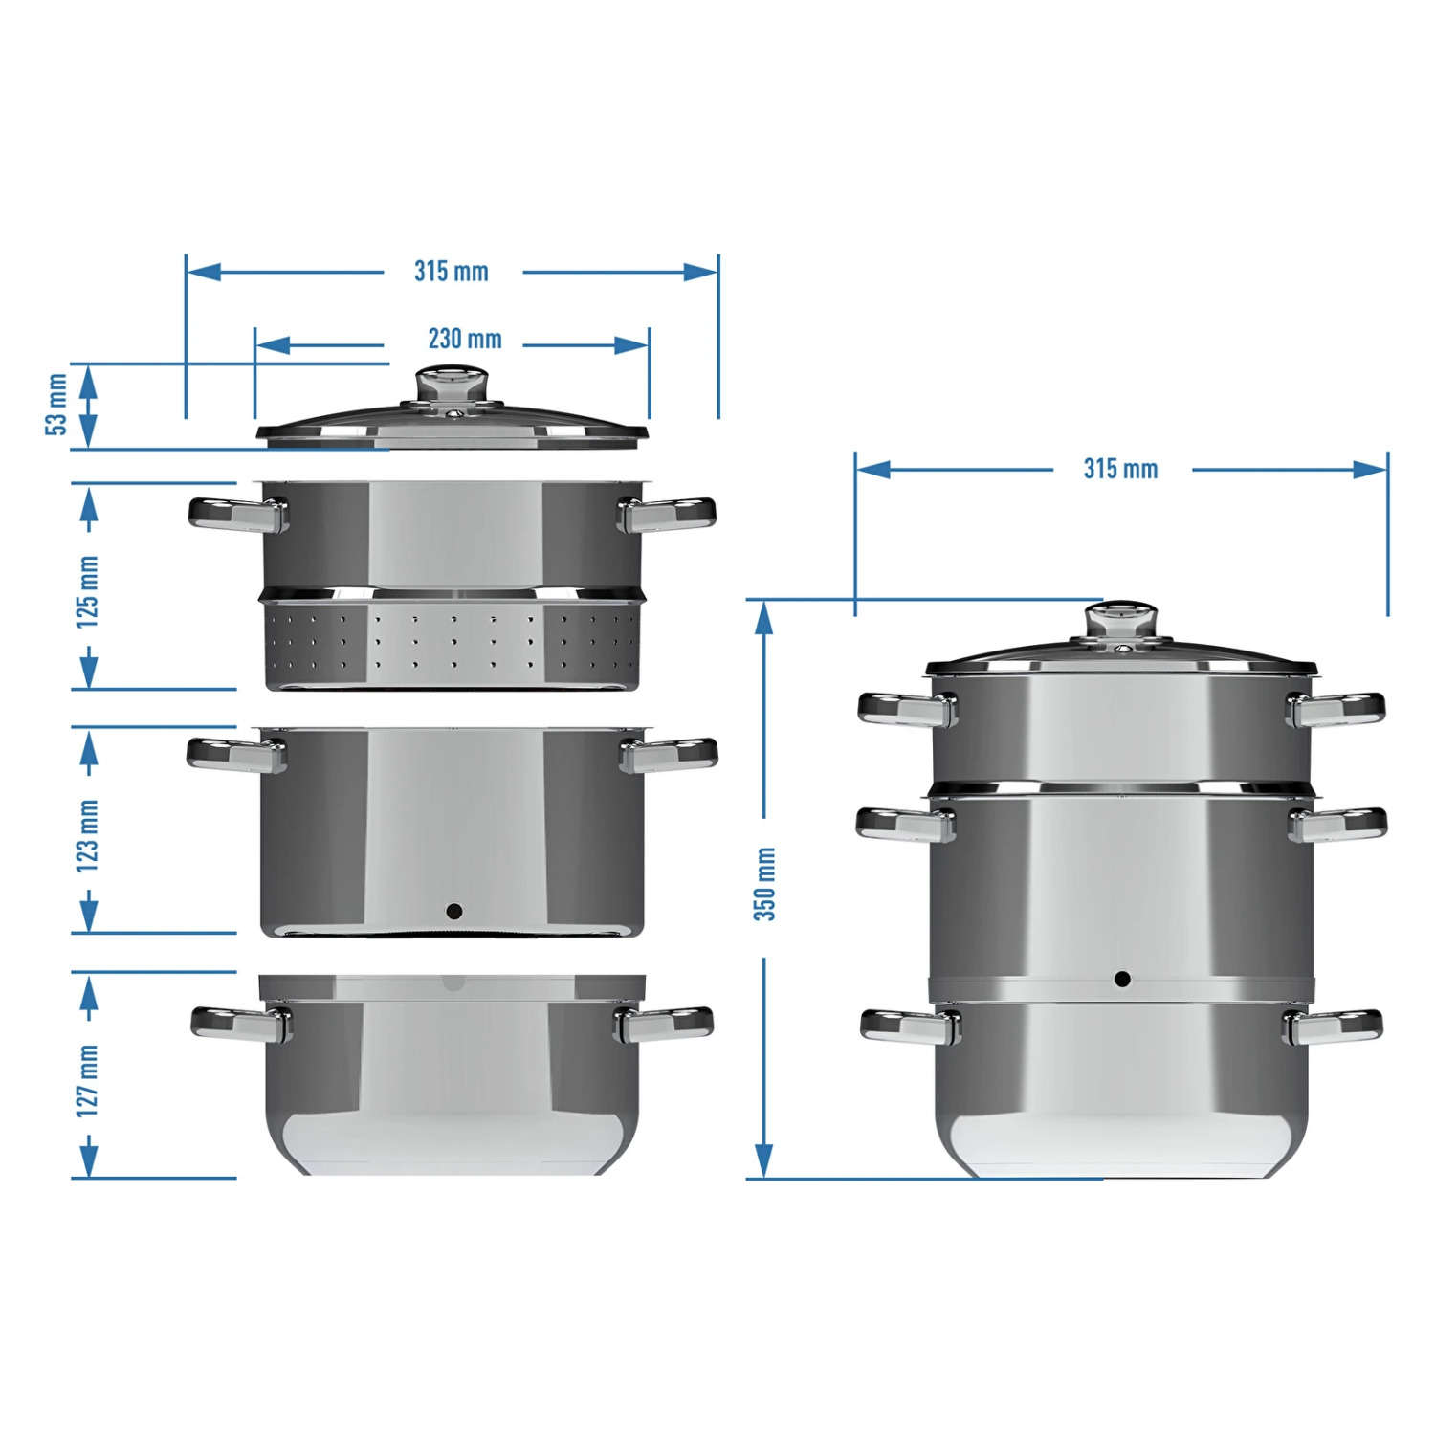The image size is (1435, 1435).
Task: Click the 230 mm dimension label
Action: tap(465, 339)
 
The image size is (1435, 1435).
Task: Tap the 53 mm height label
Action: tap(57, 405)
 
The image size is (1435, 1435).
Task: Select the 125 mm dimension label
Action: tap(87, 591)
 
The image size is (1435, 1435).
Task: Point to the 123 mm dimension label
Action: tap(87, 835)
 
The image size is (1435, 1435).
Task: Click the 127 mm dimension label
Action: tap(87, 1081)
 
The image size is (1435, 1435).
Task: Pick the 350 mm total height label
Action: tap(764, 884)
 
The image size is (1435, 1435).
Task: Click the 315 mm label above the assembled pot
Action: tap(1120, 469)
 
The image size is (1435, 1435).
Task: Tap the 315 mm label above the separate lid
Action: tap(451, 272)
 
